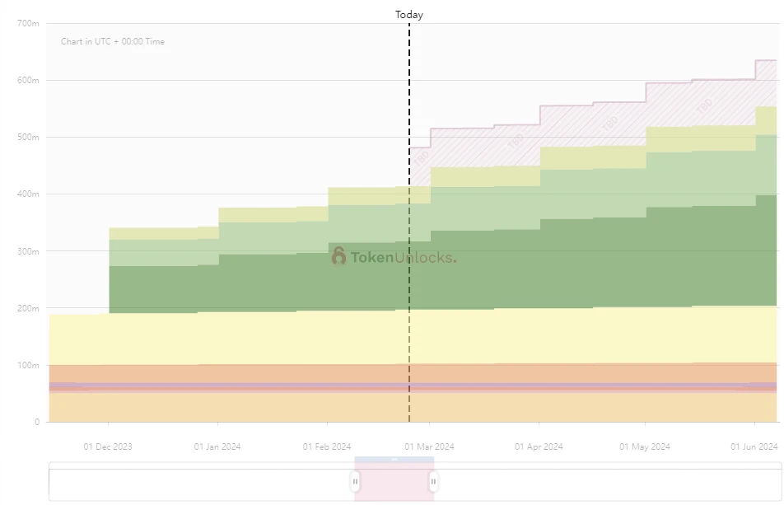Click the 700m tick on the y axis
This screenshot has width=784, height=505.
point(28,23)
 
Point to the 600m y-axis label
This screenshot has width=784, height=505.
point(28,80)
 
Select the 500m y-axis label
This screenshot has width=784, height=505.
point(28,137)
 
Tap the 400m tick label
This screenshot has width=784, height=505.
point(28,194)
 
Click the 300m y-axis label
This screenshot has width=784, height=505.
point(28,250)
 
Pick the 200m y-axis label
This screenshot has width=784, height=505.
point(28,308)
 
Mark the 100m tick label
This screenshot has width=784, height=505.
point(28,365)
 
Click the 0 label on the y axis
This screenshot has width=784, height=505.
point(36,422)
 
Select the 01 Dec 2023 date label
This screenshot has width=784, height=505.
point(108,447)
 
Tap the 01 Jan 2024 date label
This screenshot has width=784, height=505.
point(217,447)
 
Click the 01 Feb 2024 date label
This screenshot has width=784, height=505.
point(326,447)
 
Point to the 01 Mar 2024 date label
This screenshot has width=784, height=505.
point(430,447)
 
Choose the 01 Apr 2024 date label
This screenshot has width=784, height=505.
point(539,447)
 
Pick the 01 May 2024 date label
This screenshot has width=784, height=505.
point(645,447)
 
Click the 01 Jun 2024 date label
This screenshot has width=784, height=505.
point(754,447)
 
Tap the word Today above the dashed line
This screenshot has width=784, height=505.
point(409,15)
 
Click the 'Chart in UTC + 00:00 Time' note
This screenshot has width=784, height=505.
point(113,42)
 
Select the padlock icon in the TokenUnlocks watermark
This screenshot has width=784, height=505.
point(338,256)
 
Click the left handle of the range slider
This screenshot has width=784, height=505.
point(355,481)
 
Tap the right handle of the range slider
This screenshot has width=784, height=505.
point(433,481)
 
